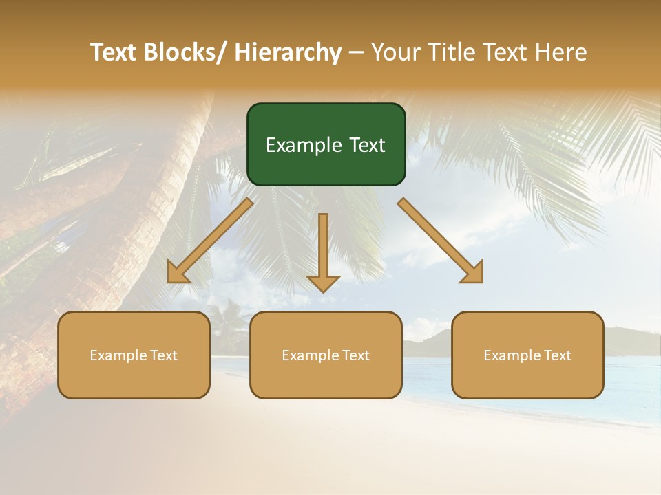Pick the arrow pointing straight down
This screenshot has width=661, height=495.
tap(323, 251)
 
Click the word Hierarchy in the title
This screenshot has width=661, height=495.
tap(288, 52)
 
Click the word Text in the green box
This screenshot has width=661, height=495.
tap(366, 146)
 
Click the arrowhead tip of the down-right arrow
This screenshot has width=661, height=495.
tap(480, 280)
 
